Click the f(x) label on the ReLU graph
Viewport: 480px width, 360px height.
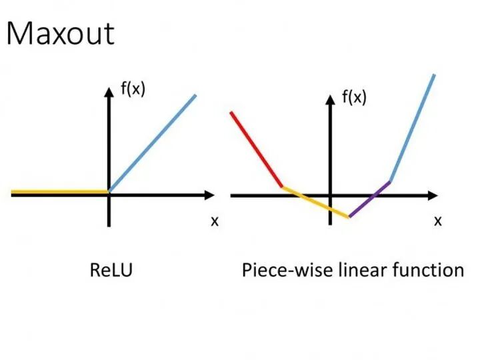pos(133,89)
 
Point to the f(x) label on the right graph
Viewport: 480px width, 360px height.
pos(354,98)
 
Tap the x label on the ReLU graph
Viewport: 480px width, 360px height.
pos(215,221)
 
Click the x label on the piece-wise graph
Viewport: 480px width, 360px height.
pos(437,221)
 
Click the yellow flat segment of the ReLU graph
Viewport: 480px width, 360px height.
pos(60,193)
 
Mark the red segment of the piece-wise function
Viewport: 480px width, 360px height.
pos(257,151)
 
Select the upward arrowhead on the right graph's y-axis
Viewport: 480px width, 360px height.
pos(330,100)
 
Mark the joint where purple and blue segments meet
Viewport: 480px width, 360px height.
pos(390,181)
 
